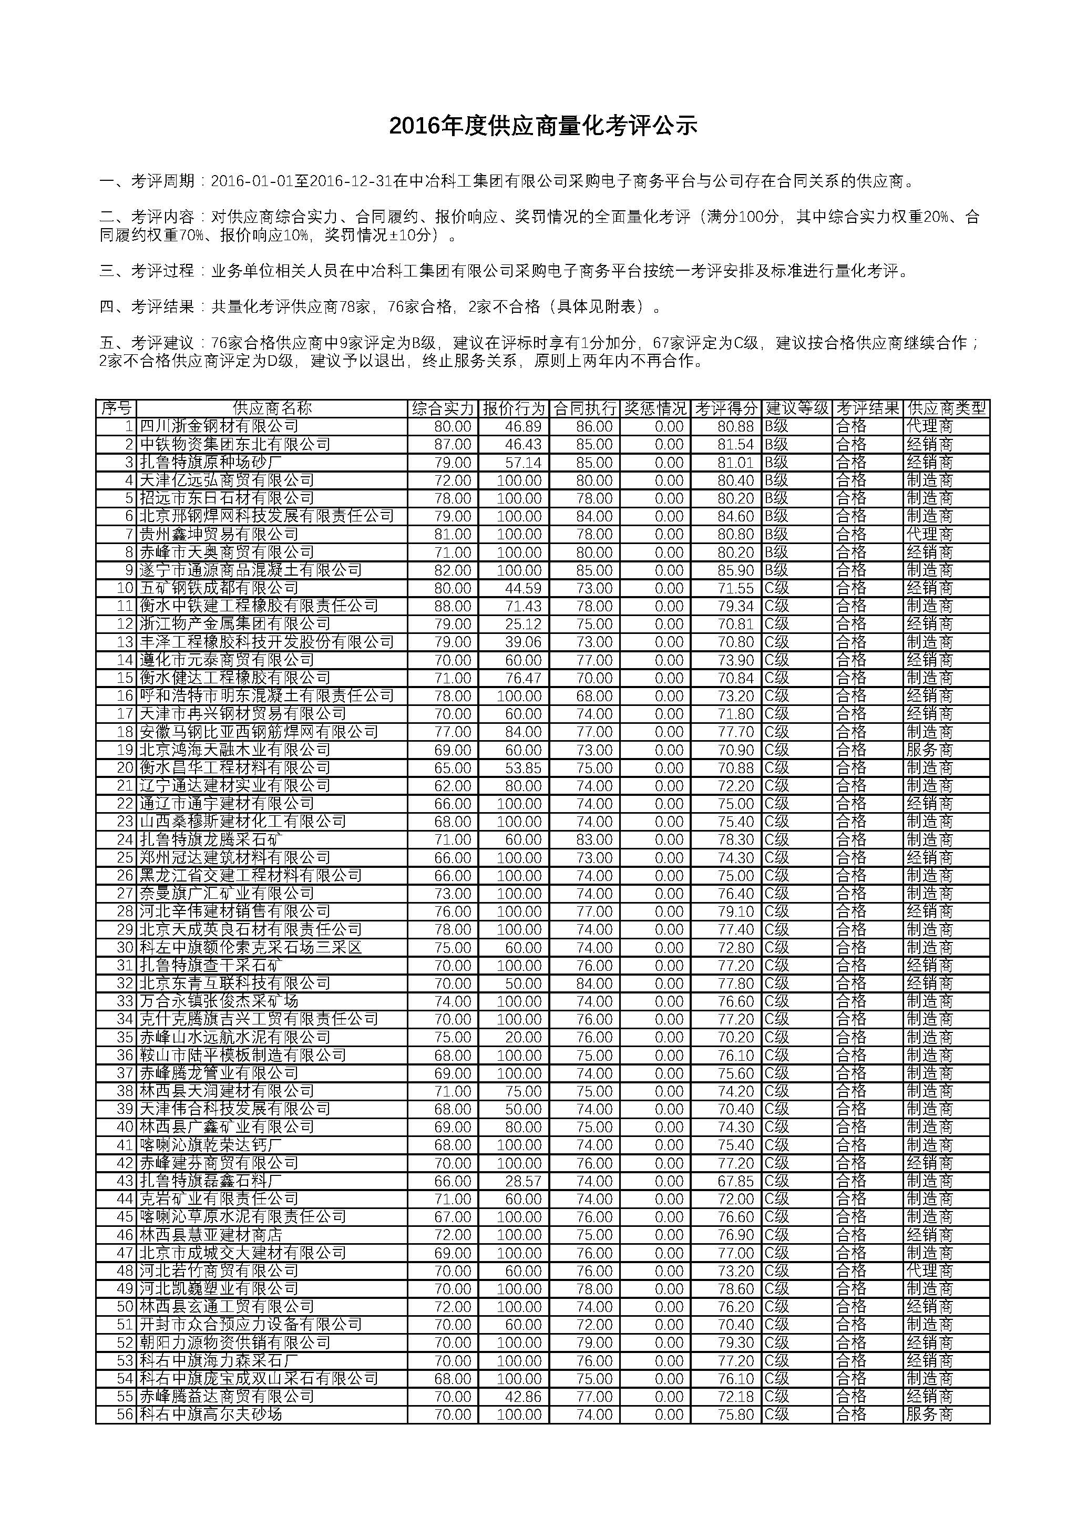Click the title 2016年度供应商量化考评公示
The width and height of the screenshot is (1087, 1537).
click(543, 125)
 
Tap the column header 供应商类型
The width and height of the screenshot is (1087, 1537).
click(946, 408)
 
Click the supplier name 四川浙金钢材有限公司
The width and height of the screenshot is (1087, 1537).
click(219, 426)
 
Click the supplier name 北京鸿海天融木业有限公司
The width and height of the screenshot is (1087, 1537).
click(235, 750)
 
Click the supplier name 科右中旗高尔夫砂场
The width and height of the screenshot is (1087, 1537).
click(211, 1415)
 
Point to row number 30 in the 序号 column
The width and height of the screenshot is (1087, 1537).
click(125, 947)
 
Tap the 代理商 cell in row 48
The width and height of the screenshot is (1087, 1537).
click(929, 1270)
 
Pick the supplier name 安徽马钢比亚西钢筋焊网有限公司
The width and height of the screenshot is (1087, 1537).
click(259, 732)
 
